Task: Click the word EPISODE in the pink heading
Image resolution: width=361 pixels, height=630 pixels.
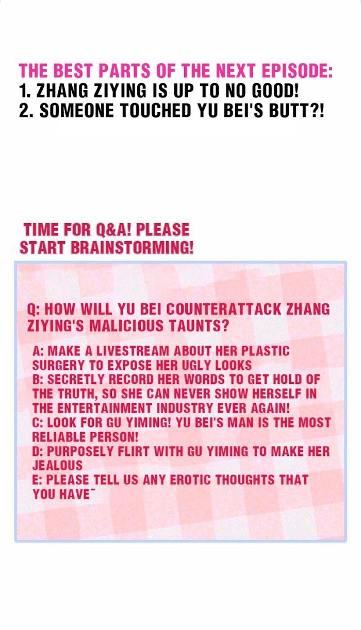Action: [x=297, y=71]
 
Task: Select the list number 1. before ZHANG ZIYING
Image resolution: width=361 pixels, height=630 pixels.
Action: [x=25, y=91]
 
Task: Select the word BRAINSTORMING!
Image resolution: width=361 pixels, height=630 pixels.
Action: [x=132, y=247]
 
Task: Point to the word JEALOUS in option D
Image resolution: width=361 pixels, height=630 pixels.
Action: [x=57, y=465]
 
